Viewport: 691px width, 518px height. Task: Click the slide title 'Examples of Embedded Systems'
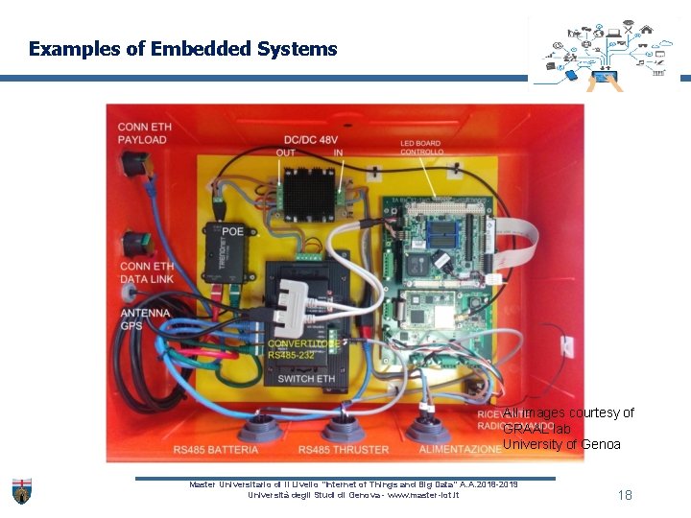182,48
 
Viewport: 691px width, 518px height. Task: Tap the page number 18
625,495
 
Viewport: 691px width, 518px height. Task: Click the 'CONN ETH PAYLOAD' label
142,133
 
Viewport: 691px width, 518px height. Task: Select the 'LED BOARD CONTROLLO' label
421,148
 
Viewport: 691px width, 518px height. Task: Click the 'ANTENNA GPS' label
145,319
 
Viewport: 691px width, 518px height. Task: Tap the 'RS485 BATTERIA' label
216,450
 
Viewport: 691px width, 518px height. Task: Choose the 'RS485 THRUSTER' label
343,450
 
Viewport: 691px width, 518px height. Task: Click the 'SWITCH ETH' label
306,379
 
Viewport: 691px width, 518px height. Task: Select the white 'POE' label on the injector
233,231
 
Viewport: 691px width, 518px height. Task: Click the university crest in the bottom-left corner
21,490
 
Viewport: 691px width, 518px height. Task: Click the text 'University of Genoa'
561,444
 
